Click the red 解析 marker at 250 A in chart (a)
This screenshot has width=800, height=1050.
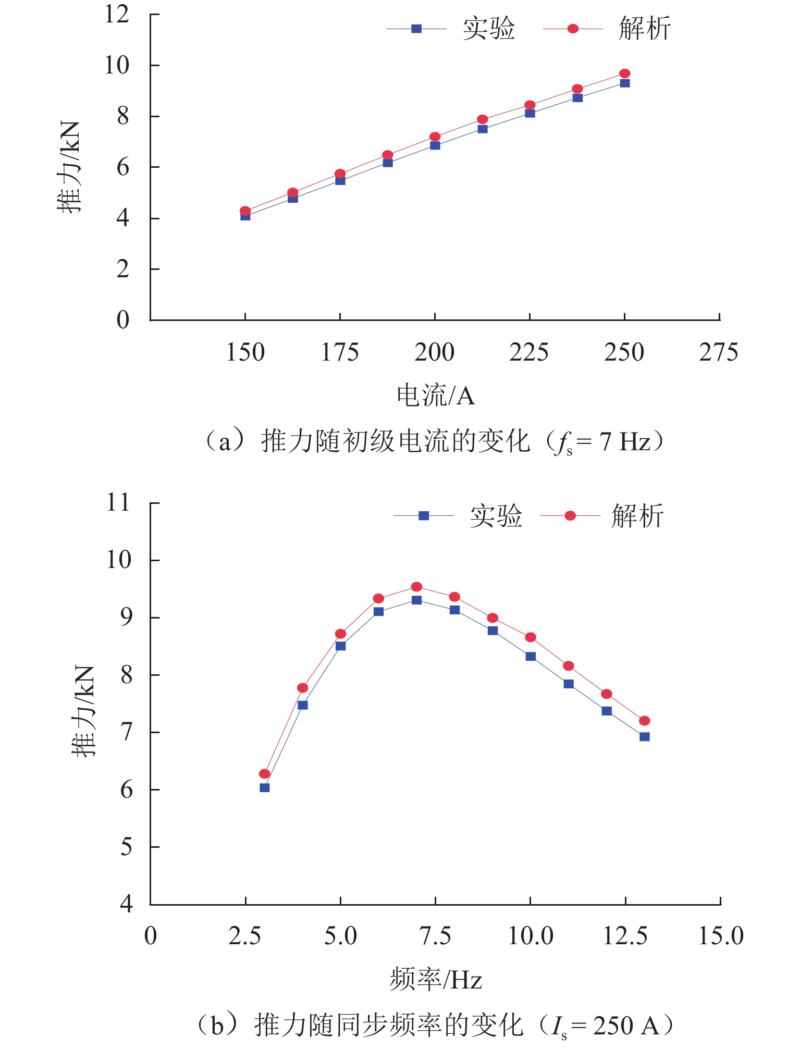[x=624, y=73]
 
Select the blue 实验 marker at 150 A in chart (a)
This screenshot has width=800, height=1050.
[x=245, y=216]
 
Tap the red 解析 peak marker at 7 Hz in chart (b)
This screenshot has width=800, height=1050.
[x=416, y=587]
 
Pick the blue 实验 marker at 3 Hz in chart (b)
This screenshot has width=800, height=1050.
[x=265, y=787]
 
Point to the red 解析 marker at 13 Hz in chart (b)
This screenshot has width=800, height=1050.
[x=644, y=721]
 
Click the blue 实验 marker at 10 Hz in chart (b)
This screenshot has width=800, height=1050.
[x=531, y=657]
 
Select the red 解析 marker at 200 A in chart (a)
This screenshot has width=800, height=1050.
[x=435, y=137]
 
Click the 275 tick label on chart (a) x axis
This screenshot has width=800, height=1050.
[x=718, y=353]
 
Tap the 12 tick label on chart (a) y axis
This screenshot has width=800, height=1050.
[x=117, y=14]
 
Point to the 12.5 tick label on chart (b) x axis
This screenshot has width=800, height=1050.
[x=625, y=936]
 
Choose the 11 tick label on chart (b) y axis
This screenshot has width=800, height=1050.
[x=118, y=503]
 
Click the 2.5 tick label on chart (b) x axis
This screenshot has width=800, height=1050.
[x=245, y=936]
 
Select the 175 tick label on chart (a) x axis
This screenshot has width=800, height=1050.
[x=340, y=353]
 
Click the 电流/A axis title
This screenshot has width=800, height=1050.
[x=436, y=396]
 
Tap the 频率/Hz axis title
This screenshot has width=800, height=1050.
[x=436, y=980]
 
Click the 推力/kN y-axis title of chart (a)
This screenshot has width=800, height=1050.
[x=69, y=167]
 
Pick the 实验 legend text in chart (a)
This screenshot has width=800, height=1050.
[x=488, y=29]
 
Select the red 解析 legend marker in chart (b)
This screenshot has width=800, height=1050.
[x=570, y=516]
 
